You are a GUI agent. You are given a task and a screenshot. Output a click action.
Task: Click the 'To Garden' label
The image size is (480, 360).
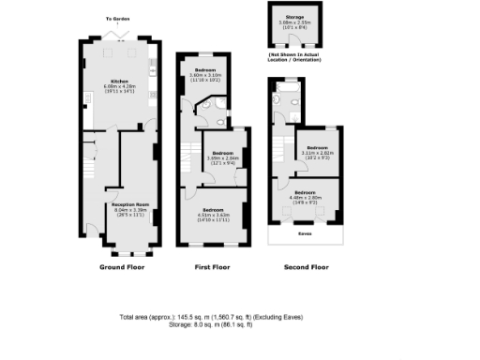[117, 19]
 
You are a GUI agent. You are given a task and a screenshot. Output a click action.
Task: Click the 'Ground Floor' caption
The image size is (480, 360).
[119, 267]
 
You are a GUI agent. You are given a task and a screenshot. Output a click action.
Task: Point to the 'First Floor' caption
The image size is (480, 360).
[212, 267]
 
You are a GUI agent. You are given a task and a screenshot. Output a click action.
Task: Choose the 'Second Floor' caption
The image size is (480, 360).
[307, 267]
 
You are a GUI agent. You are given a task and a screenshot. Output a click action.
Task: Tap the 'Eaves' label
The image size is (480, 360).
[305, 233]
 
